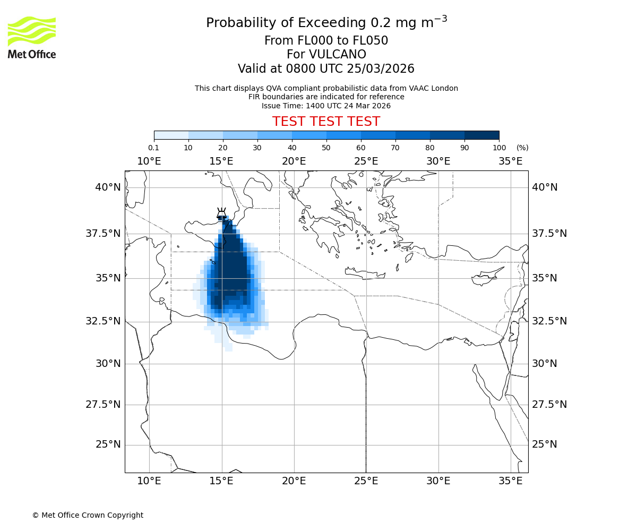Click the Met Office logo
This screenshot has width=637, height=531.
pos(32,37)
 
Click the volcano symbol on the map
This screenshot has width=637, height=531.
pos(221,214)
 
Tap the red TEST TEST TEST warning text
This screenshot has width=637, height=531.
pos(326,122)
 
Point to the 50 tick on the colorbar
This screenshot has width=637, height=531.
pos(326,148)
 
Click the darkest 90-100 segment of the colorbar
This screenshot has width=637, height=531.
pos(481,135)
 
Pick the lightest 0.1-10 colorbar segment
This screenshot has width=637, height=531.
pos(171,135)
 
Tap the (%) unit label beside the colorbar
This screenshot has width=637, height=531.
pos(522,148)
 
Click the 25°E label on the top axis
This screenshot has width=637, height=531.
pos(366,161)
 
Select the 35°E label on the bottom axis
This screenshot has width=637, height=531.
pos(511,481)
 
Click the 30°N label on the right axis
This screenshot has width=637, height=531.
pos(545,364)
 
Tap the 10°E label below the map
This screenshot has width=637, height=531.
pos(149,481)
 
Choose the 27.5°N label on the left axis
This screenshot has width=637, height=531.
pos(103,405)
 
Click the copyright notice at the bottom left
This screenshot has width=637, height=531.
pos(88,515)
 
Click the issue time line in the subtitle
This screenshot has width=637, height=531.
pos(326,106)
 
